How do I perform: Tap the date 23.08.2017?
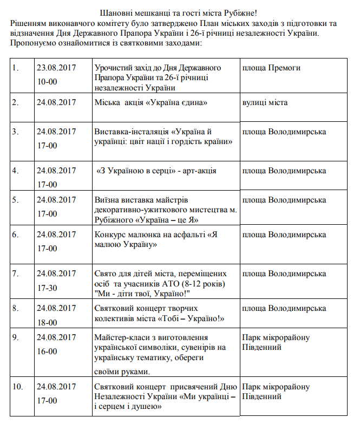[56, 68]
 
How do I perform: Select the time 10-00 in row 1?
[47, 82]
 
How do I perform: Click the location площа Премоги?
[271, 68]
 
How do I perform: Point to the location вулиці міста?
[265, 102]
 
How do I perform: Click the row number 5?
[16, 200]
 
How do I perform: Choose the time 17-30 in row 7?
[47, 288]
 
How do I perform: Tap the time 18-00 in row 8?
[47, 322]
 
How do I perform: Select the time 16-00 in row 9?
[47, 351]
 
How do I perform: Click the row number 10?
[18, 387]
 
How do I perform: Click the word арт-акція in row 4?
[198, 171]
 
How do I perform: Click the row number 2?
[16, 102]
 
